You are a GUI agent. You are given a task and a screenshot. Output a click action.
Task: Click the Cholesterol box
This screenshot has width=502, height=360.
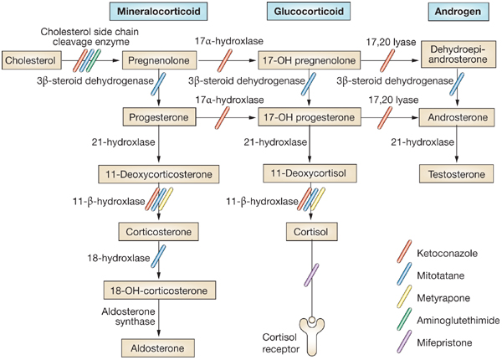click(x=28, y=60)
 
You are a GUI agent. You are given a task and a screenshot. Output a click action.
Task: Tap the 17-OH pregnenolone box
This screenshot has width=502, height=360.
click(x=309, y=60)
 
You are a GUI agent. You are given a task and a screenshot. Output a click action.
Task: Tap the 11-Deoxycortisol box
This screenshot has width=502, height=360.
click(x=310, y=173)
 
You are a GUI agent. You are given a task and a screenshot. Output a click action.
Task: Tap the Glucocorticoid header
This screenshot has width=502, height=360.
click(x=310, y=13)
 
